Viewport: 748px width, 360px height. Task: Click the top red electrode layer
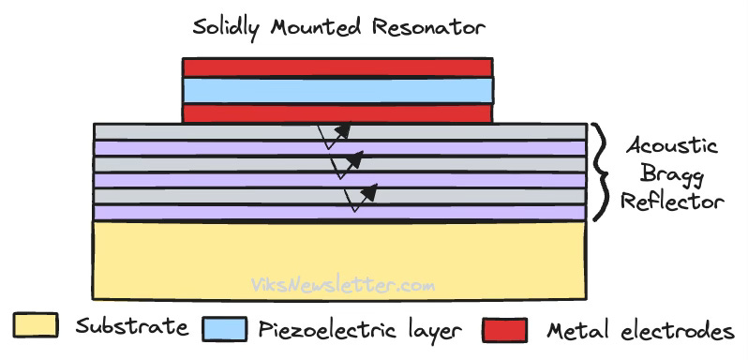click(x=337, y=67)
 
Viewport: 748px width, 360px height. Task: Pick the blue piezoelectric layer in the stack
click(x=337, y=90)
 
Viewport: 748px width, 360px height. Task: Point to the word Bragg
click(x=669, y=174)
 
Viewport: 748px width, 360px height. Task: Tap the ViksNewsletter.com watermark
click(x=342, y=283)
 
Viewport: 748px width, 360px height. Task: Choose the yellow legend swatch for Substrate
click(x=36, y=328)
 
